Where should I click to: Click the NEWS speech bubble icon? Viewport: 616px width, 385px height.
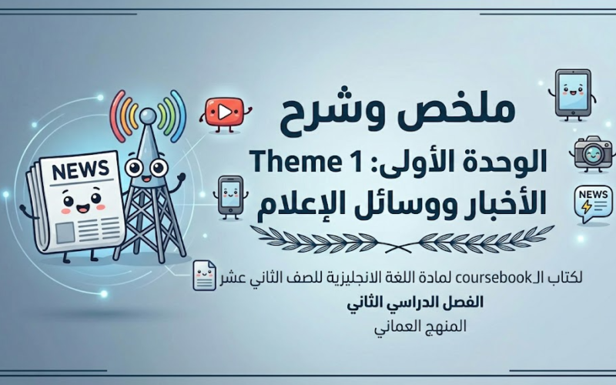coord(594,205)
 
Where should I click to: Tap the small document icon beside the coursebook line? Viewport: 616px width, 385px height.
coord(205,275)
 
